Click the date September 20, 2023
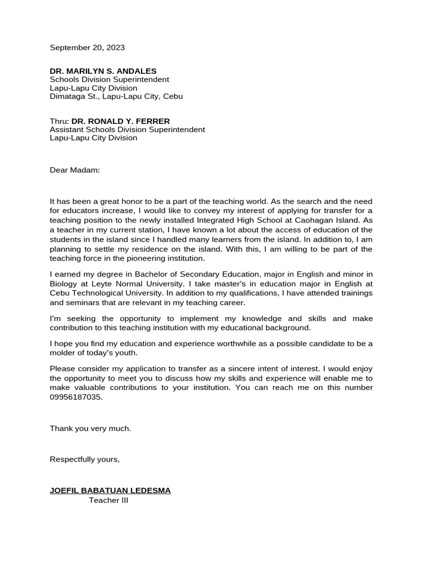pos(87,47)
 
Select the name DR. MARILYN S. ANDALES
pos(103,71)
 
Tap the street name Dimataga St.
pos(74,96)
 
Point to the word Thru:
pos(59,121)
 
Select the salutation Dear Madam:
pos(75,170)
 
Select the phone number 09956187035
pos(76,397)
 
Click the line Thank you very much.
pos(90,429)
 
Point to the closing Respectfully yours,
pos(84,459)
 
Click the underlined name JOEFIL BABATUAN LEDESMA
pos(110,491)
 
